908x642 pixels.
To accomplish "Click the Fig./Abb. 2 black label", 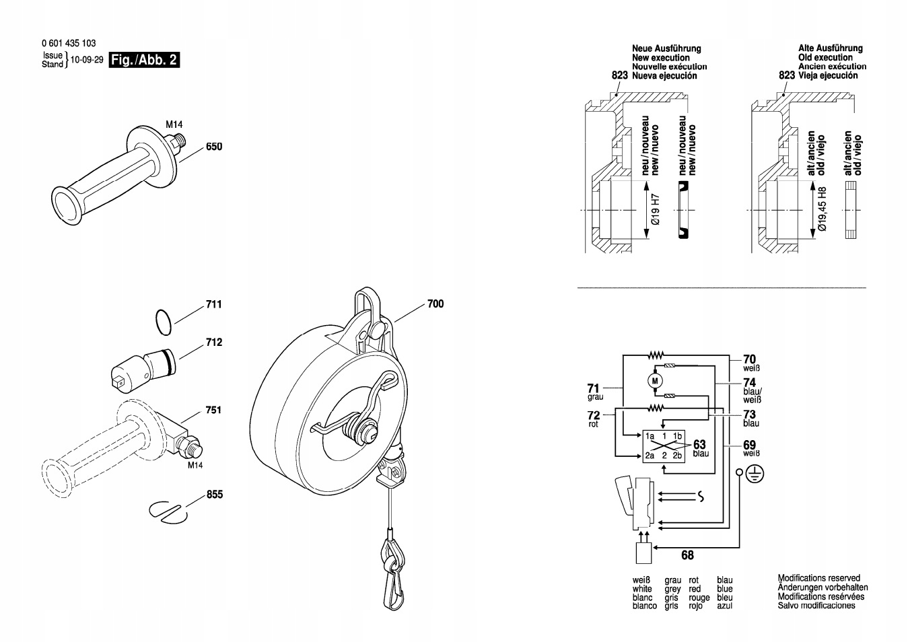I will click(144, 60).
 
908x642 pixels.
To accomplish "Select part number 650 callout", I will click(214, 147).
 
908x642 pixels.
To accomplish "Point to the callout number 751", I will click(213, 410).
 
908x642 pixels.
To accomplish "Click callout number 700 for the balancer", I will click(435, 304).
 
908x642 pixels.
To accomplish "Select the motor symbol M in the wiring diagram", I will click(655, 381).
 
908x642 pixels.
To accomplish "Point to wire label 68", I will click(687, 556).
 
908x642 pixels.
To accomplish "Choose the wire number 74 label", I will click(750, 382).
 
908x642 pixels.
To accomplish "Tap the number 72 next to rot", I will click(593, 415).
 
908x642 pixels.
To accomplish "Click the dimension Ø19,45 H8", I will click(823, 209).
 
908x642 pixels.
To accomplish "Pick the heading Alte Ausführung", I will click(831, 48).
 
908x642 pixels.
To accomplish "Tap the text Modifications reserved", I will click(818, 578).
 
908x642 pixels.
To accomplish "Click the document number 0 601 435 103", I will click(68, 42).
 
